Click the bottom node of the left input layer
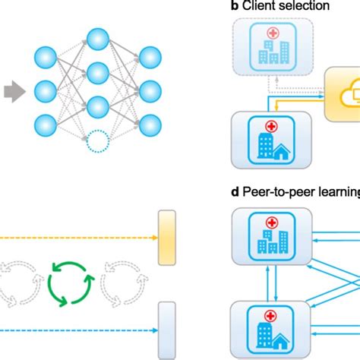click(46, 124)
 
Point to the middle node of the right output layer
click(149, 90)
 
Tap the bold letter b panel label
click(234, 6)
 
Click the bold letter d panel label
click(234, 198)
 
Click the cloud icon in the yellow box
click(343, 95)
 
